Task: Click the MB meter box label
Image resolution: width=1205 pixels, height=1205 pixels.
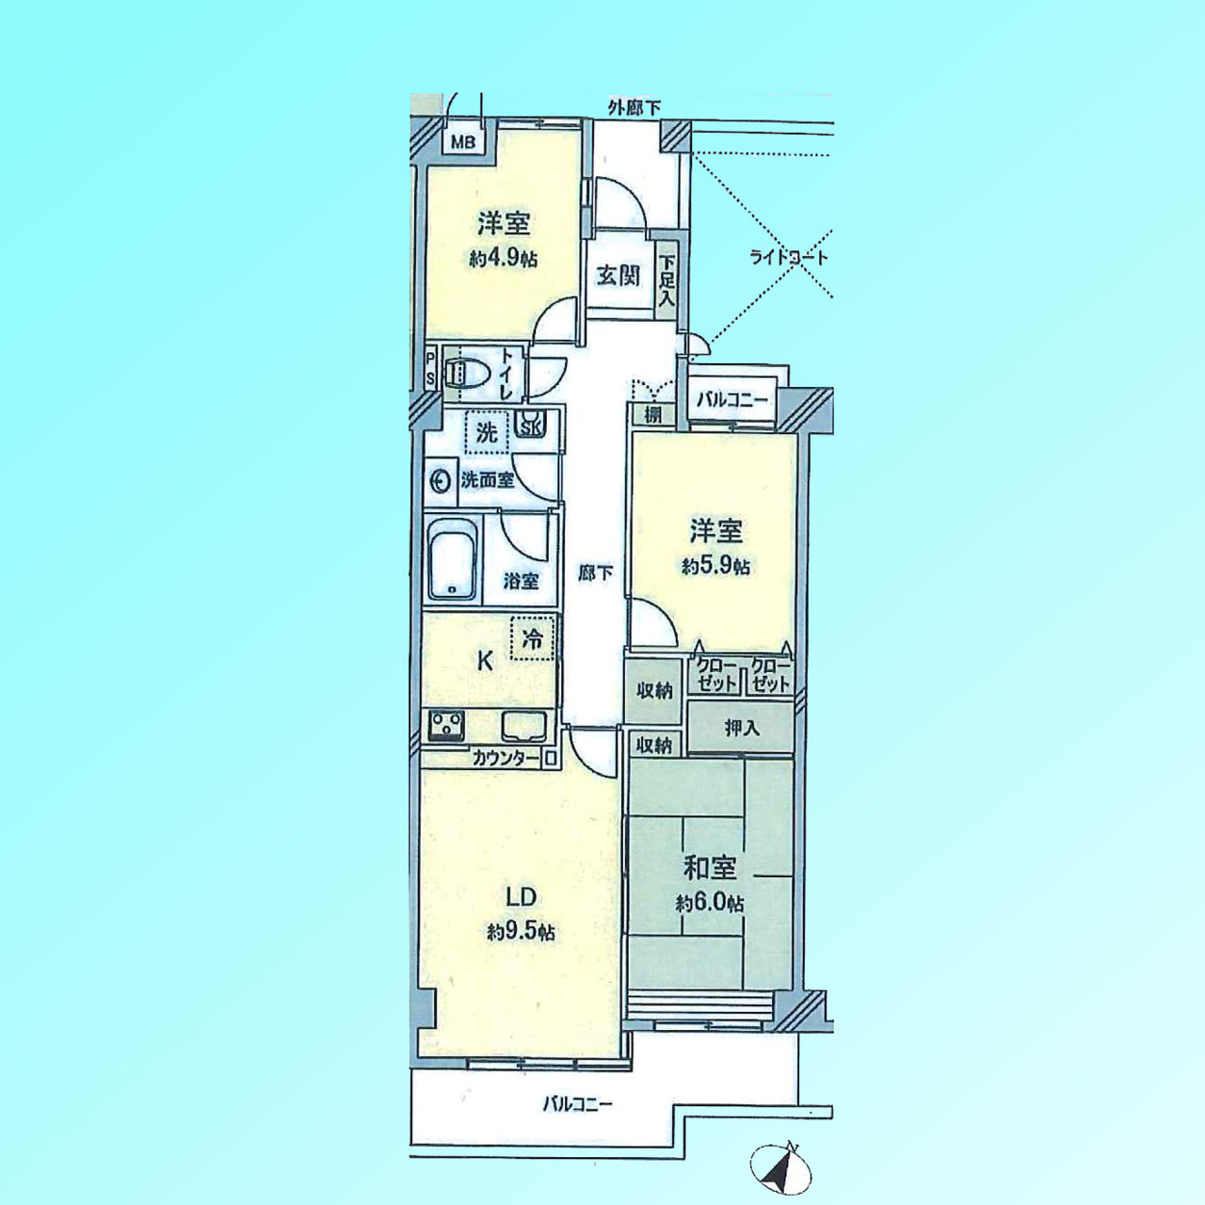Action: coord(464,142)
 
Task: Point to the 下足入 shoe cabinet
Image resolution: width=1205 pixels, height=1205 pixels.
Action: coord(667,280)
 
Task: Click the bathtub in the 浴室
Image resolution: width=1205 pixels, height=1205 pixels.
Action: coord(452,559)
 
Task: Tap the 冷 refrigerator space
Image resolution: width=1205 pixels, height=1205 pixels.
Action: coord(532,638)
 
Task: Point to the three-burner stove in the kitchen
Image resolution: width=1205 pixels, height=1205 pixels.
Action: coord(446,726)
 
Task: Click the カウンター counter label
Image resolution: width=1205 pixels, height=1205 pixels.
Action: coord(506,759)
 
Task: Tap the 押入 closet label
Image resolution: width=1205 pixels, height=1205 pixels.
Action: coord(741,728)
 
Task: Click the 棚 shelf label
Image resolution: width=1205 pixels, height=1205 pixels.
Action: coord(652,414)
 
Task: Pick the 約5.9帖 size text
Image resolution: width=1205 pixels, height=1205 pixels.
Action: coord(715,567)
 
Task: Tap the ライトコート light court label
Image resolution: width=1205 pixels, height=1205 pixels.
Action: coord(789,258)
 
